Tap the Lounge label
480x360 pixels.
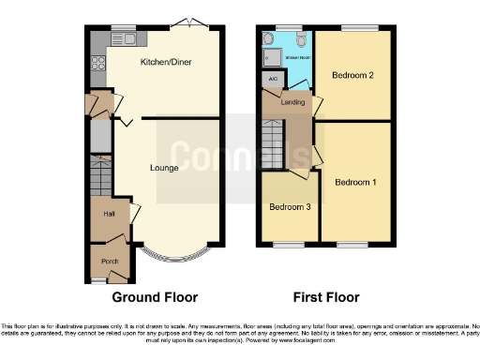165,168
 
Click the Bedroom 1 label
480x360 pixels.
356,181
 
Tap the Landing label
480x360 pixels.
292,101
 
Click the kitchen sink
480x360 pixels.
123,38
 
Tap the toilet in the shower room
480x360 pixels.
300,39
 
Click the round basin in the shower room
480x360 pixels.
269,39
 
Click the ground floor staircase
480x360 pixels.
100,175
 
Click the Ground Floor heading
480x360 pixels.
156,297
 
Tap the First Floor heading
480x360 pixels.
326,297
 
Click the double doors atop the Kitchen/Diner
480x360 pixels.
193,22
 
